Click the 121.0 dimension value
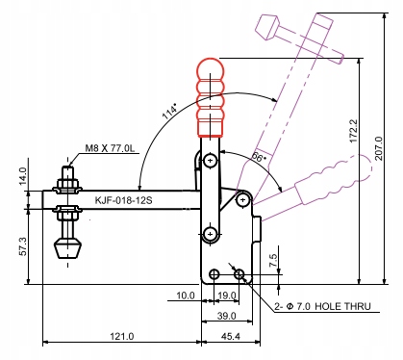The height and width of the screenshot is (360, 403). click(122, 336)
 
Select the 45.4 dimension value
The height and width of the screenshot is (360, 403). click(231, 336)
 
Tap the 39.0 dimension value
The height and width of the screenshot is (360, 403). click(227, 316)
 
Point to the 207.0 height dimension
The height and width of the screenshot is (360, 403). click(379, 148)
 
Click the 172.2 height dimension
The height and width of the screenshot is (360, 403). click(353, 131)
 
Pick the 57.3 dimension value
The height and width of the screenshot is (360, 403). click(23, 246)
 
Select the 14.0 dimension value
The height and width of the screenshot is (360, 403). click(23, 176)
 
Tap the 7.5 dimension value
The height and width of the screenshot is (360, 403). click(273, 261)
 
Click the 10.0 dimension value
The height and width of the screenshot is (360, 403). click(186, 296)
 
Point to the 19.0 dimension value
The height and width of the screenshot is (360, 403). click(227, 296)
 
